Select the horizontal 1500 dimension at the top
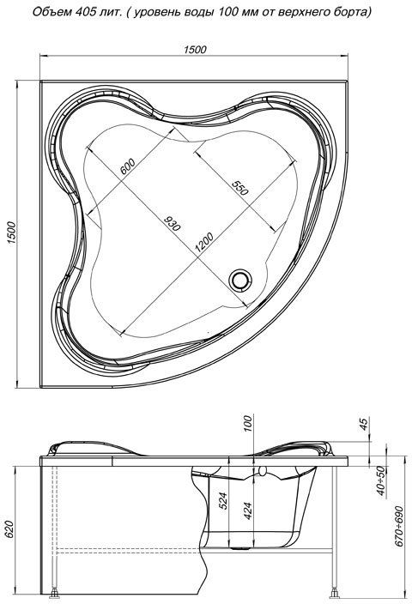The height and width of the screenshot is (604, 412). [195, 49]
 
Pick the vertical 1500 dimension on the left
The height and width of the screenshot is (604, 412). [12, 233]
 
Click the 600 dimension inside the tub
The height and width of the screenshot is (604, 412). [128, 166]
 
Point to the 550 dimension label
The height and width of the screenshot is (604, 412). [240, 187]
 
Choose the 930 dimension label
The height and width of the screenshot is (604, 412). [172, 223]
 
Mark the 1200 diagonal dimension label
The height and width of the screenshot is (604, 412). [204, 242]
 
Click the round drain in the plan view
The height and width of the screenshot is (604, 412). [240, 280]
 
